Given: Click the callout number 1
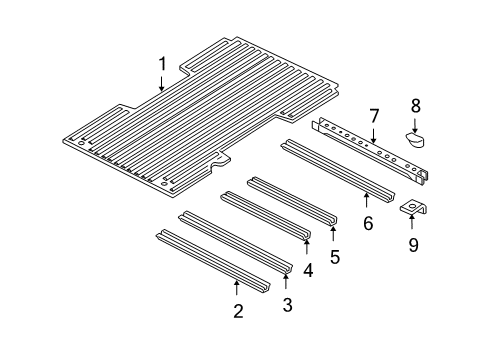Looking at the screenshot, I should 162,66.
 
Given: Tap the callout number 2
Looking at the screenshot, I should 237,311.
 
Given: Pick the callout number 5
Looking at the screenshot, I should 334,256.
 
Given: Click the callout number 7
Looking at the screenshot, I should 373,118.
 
